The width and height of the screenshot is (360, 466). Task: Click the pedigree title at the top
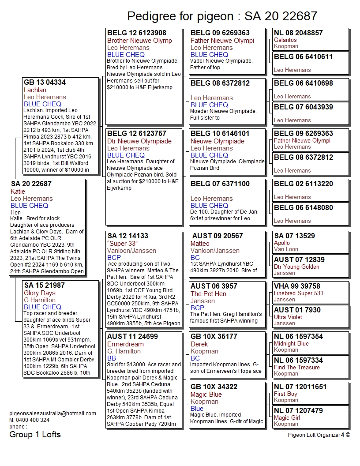222,16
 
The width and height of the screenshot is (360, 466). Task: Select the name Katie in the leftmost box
18,192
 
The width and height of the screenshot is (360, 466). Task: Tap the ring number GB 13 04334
45,83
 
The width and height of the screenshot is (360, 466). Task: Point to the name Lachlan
35,90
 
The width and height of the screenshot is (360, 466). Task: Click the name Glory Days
40,293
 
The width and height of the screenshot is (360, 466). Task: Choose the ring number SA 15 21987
44,286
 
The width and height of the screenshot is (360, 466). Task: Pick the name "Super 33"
123,244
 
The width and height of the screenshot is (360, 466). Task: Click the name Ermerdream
125,344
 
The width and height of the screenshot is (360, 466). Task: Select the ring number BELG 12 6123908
137,33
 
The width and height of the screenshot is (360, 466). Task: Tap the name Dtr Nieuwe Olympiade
139,141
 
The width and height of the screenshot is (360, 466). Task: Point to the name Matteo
200,244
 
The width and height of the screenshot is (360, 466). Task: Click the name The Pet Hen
208,294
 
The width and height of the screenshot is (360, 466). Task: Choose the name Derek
199,344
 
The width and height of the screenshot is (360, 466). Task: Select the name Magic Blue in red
206,395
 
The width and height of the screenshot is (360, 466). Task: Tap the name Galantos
285,40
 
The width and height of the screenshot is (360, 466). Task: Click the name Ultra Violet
288,317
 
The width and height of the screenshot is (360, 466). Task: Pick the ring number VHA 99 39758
297,286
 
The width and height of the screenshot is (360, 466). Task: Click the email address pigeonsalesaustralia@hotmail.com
52,413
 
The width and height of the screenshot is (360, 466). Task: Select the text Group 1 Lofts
35,435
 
